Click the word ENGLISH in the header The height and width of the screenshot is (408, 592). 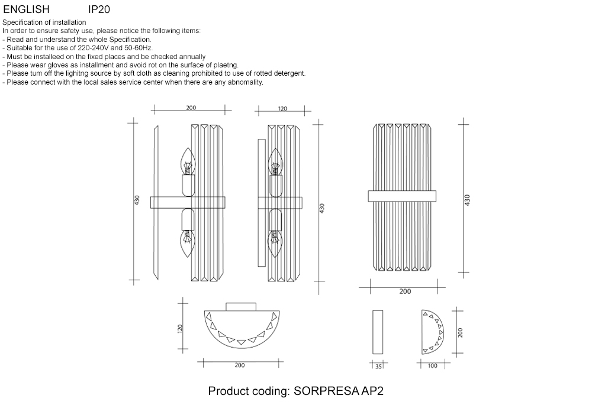27,10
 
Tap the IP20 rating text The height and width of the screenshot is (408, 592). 99,10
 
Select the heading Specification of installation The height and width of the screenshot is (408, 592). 44,22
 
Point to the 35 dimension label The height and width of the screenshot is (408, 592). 379,366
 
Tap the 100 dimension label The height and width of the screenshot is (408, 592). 432,366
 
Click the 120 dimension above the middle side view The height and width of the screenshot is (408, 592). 282,109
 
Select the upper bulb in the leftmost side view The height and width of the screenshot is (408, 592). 188,161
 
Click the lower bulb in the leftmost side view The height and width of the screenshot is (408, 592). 188,242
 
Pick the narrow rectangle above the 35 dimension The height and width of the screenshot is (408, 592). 378,332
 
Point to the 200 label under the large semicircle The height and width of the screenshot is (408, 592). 239,365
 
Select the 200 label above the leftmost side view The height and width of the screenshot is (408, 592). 191,108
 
